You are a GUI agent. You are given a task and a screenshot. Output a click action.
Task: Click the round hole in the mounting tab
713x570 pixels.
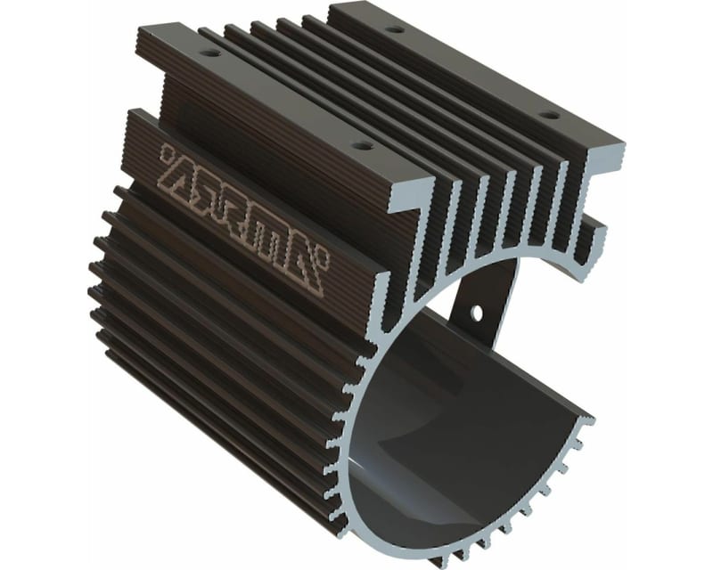point(476,313)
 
